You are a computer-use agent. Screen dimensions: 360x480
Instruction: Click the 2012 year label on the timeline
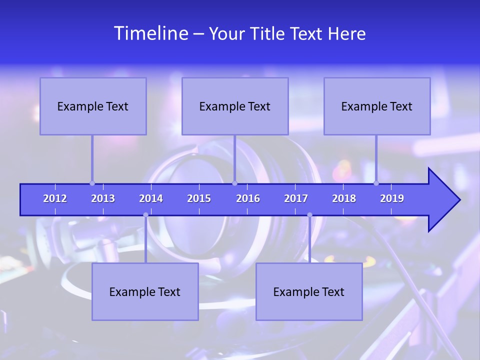tap(55, 198)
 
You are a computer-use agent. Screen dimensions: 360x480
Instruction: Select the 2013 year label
tap(103, 198)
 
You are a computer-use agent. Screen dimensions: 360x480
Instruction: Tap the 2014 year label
tap(151, 198)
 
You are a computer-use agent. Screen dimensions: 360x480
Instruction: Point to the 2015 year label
tap(199, 198)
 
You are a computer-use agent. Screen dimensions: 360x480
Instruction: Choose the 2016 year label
tap(248, 198)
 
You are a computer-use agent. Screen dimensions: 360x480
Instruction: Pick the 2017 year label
tap(296, 198)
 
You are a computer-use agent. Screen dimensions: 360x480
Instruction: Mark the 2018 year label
tap(344, 198)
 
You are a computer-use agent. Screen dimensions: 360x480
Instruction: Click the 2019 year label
tap(392, 198)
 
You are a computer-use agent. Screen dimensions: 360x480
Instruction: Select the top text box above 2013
tap(93, 106)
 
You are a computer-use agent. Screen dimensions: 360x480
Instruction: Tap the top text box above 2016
tap(235, 106)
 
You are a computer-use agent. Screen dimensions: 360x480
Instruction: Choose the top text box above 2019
tap(377, 106)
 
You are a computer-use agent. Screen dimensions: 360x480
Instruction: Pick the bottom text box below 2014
tap(145, 292)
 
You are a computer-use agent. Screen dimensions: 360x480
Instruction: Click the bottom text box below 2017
tap(309, 292)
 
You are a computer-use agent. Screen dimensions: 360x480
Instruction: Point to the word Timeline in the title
tap(151, 33)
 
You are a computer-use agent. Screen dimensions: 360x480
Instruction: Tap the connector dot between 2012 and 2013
tap(92, 183)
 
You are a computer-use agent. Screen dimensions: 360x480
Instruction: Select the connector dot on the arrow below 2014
tap(145, 215)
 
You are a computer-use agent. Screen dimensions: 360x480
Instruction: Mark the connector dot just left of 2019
tap(376, 183)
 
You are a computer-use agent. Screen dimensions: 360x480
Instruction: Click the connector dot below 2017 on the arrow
tap(309, 215)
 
